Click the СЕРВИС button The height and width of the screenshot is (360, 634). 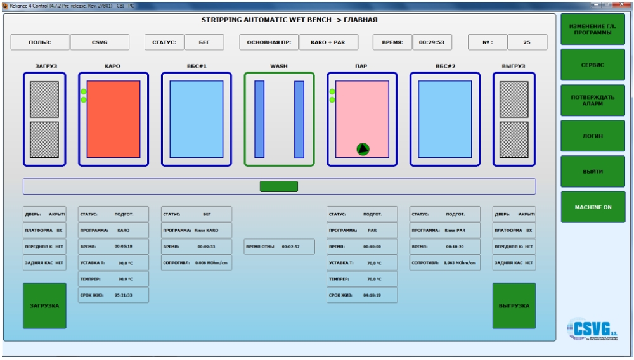[x=593, y=65]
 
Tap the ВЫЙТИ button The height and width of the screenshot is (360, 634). [x=593, y=171]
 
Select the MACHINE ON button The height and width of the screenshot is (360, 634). [x=593, y=207]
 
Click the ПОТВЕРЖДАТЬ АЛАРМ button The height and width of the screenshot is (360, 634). [x=593, y=100]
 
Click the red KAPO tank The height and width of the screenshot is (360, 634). [x=113, y=119]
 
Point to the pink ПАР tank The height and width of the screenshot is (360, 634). [x=362, y=119]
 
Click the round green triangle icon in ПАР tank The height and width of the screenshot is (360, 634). [x=363, y=149]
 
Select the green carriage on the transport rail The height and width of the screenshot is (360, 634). [x=279, y=186]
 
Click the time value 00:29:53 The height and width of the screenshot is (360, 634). [x=432, y=42]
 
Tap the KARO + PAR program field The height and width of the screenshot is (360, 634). [x=328, y=42]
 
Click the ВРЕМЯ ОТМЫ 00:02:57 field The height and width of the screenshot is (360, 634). [x=279, y=247]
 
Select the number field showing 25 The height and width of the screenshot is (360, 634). [x=527, y=42]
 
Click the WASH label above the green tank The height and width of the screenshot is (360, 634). [x=279, y=66]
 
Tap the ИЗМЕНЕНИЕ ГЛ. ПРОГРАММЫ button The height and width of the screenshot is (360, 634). [x=593, y=29]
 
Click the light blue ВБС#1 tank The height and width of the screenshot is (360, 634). [x=197, y=119]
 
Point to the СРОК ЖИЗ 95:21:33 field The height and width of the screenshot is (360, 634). [x=113, y=295]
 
